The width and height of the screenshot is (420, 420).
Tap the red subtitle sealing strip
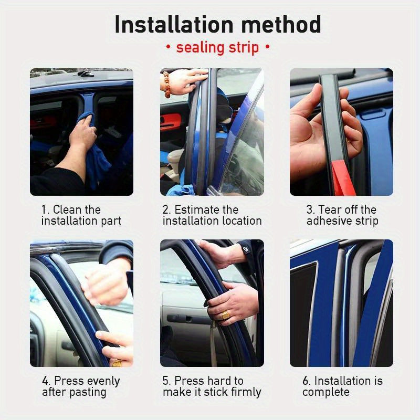217,47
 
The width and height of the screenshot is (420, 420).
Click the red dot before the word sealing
168,48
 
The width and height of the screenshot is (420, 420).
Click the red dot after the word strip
267,48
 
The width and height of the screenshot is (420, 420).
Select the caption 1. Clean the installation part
81,215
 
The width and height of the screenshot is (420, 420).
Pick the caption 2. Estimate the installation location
212,215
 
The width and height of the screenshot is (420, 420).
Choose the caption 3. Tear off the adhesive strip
342,215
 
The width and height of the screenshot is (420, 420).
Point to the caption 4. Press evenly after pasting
81,386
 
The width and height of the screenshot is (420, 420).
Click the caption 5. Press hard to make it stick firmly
212,386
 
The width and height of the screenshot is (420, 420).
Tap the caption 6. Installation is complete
342,386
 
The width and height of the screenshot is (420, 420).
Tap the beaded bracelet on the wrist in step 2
167,85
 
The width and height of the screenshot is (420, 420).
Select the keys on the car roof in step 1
86,73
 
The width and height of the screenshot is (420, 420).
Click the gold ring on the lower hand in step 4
117,362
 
